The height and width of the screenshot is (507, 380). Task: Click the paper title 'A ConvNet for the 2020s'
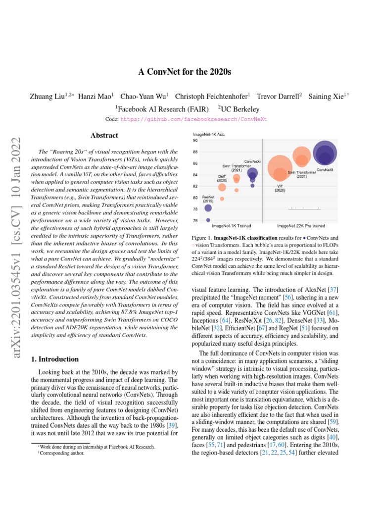click(185, 72)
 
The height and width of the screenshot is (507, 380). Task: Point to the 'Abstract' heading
click(104, 135)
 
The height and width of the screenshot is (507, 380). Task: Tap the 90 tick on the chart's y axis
click(195, 140)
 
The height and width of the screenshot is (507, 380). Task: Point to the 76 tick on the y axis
click(195, 220)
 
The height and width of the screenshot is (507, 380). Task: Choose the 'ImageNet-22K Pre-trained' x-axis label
click(301, 226)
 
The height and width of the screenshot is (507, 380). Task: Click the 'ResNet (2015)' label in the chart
click(208, 199)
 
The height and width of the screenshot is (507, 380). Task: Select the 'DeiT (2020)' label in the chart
click(222, 178)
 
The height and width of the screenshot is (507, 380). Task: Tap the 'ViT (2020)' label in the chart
click(280, 188)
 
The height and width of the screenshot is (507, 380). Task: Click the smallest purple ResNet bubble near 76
click(208, 220)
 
